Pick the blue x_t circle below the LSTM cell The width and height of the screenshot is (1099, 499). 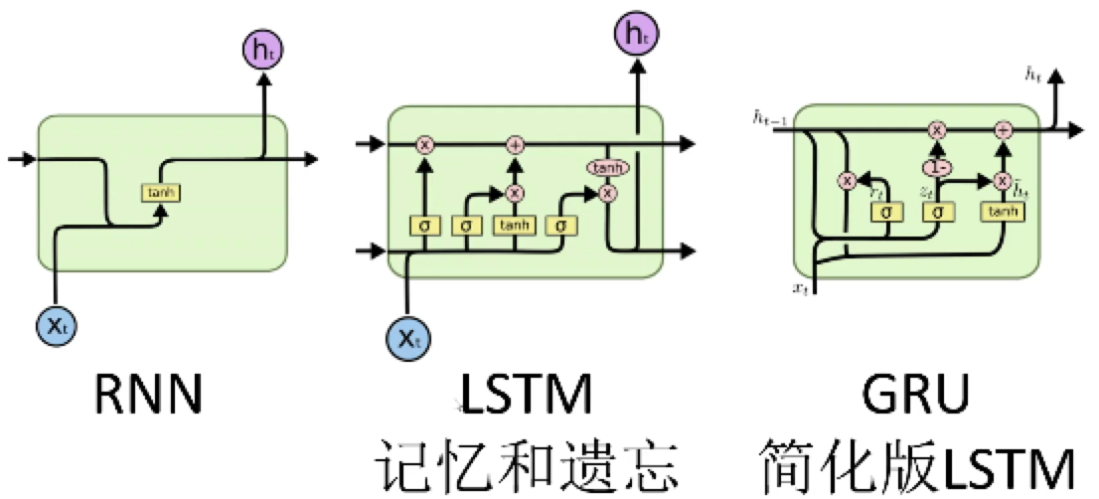(x=407, y=340)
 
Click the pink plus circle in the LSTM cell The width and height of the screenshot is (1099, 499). (x=515, y=145)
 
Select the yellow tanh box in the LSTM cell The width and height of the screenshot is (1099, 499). (x=515, y=226)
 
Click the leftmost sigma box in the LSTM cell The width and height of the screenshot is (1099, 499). (x=424, y=226)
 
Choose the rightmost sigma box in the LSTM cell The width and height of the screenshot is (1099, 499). (x=561, y=226)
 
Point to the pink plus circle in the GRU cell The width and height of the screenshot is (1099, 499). (x=1002, y=129)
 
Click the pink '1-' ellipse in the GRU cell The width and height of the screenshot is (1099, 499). (x=935, y=166)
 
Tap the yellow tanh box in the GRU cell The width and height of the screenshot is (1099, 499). (x=1002, y=211)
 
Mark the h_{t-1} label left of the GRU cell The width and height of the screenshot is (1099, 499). (x=772, y=119)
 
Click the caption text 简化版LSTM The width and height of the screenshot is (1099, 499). (x=916, y=463)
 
